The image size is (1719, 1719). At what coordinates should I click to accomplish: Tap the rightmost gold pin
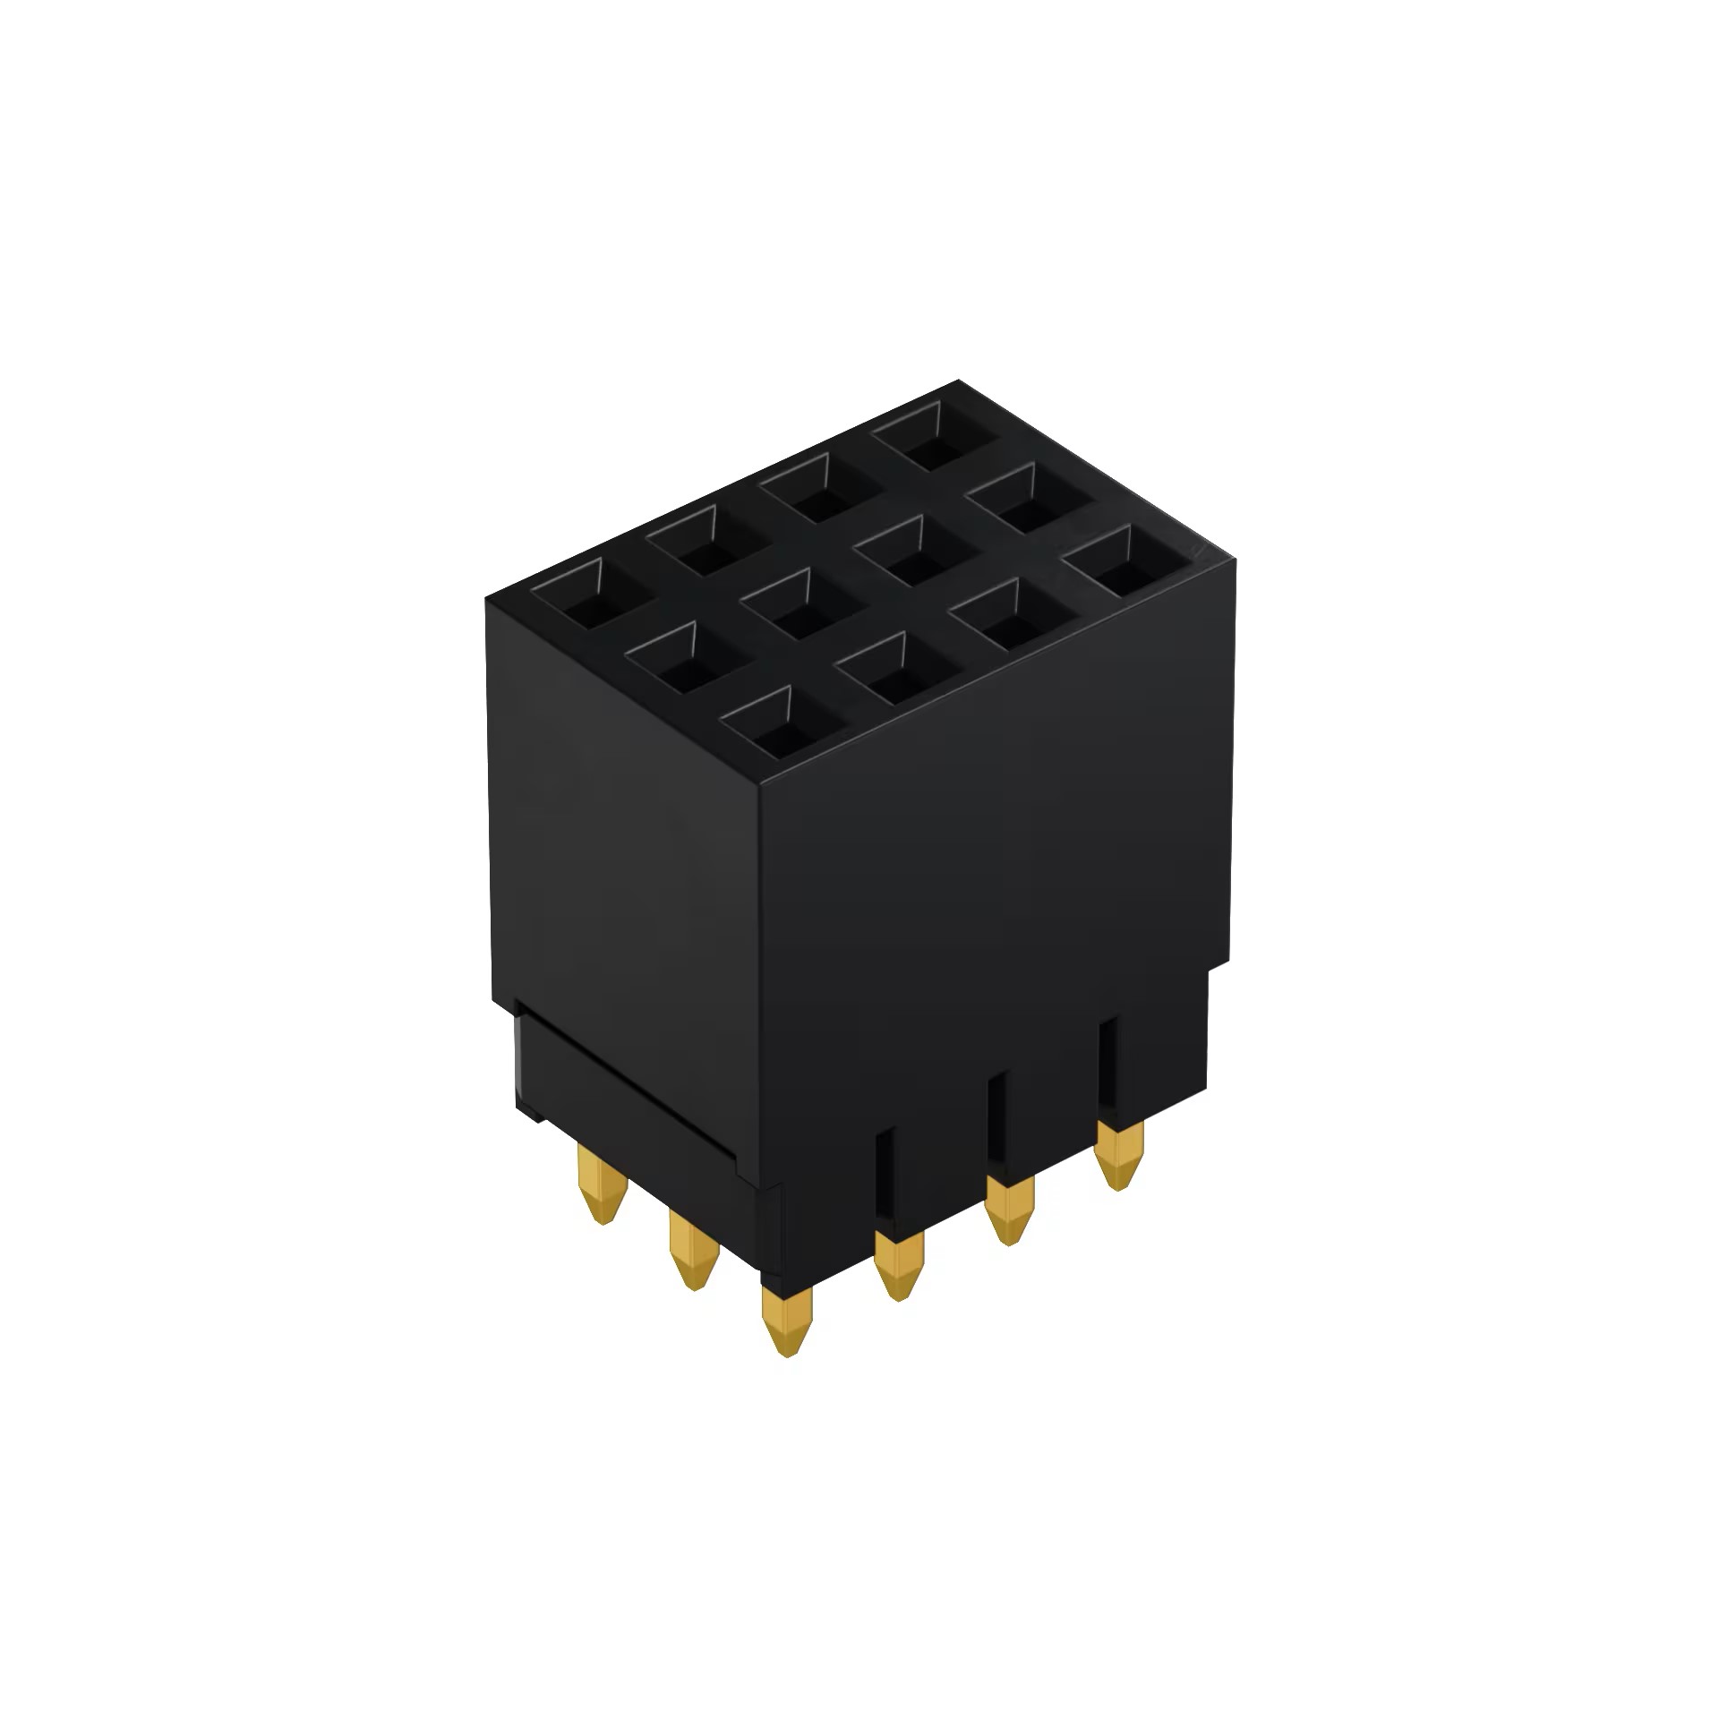tap(1119, 1155)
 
